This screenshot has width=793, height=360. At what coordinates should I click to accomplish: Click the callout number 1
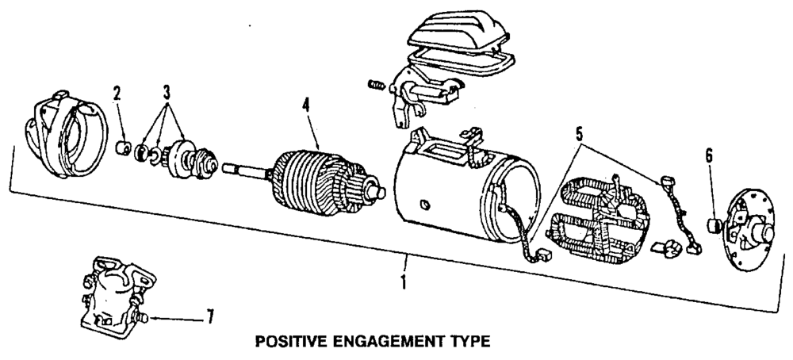click(405, 281)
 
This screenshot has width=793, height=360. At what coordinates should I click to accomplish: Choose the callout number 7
click(209, 319)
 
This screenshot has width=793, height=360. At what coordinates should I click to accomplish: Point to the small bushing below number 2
click(125, 147)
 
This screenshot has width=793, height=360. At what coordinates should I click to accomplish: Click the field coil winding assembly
click(603, 219)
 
